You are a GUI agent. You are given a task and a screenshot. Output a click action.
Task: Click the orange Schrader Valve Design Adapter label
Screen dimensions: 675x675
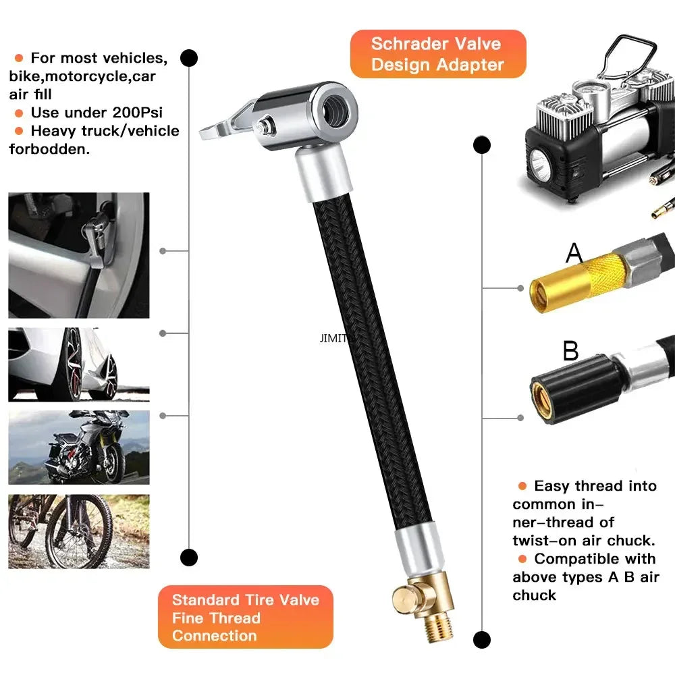437,54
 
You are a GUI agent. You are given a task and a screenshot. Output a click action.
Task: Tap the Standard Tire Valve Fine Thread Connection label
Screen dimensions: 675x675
245,617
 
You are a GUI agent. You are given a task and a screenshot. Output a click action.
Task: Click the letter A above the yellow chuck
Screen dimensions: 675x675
574,253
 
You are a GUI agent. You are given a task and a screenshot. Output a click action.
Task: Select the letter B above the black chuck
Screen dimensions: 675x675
571,351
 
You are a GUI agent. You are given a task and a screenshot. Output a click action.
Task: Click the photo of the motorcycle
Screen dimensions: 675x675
79,447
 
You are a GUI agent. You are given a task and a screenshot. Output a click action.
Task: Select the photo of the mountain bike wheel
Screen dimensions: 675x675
79,531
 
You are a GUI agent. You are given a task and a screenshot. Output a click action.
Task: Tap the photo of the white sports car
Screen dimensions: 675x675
79,364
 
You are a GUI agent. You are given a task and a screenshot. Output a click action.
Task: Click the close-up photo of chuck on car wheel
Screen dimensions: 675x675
79,255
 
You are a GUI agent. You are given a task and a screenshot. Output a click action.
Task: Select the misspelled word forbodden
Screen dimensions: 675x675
49,149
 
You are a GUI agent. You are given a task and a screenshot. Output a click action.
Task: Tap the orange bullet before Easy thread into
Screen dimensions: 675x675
522,486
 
